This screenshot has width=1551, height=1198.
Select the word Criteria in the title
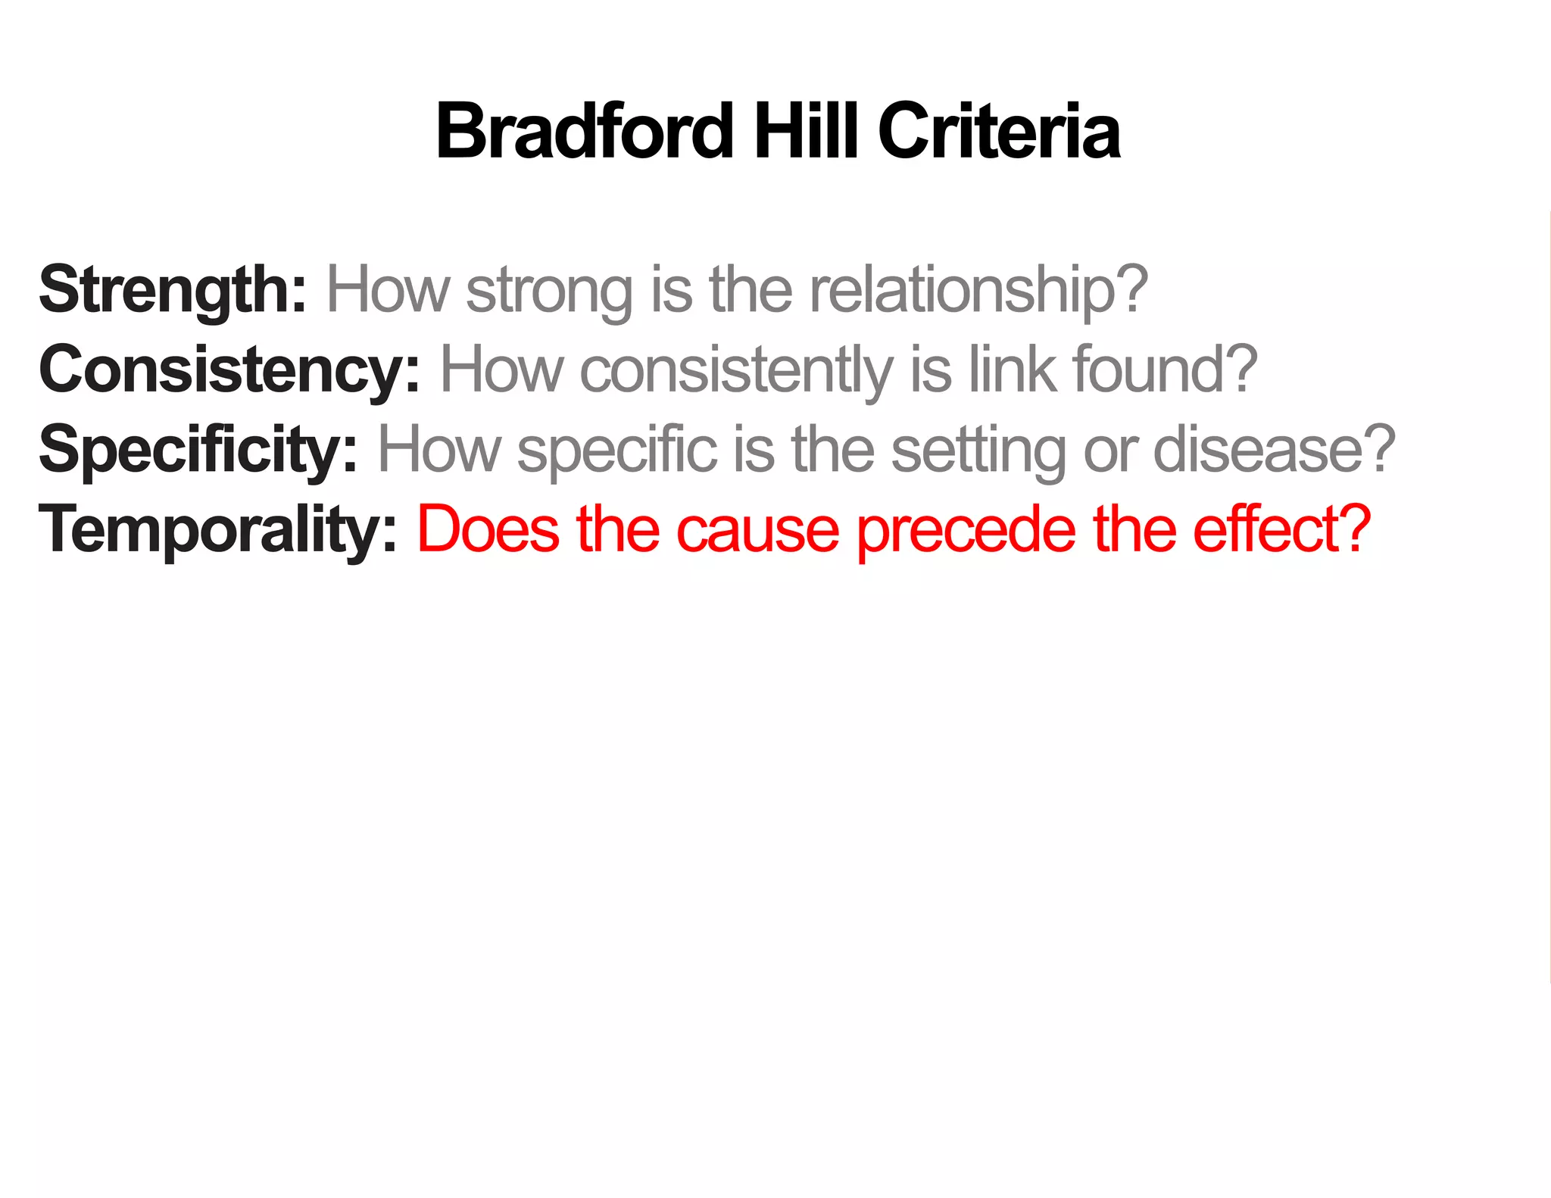pyautogui.click(x=999, y=132)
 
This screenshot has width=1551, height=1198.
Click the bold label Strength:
pyautogui.click(x=173, y=290)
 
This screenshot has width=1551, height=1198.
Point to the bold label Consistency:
pyautogui.click(x=229, y=370)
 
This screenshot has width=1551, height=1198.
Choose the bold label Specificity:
pyautogui.click(x=198, y=450)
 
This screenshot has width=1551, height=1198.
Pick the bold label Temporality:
pyautogui.click(x=217, y=530)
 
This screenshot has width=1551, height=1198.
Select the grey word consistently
pyautogui.click(x=736, y=370)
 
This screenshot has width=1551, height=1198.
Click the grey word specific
pyautogui.click(x=616, y=450)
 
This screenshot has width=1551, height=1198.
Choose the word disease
pyautogui.click(x=1261, y=450)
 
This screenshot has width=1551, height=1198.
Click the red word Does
pyautogui.click(x=488, y=529)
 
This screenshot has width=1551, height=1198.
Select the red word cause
pyautogui.click(x=757, y=530)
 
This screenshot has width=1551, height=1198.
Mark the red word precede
pyautogui.click(x=966, y=530)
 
